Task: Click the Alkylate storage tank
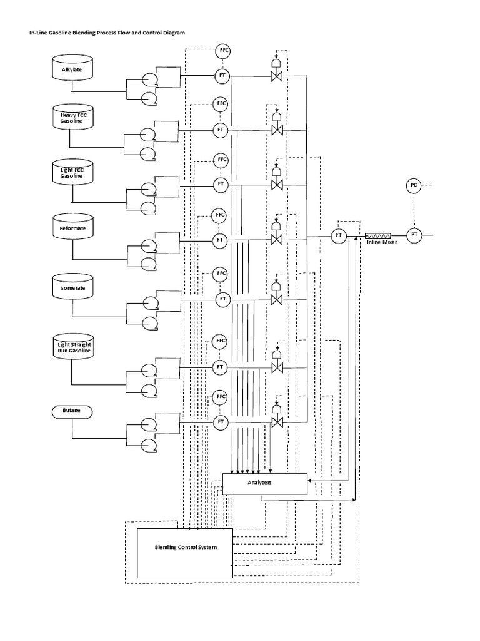pos(72,68)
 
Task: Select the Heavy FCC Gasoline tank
pos(72,117)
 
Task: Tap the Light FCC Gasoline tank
pos(72,172)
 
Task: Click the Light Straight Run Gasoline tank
pos(72,347)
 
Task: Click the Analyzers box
pos(265,483)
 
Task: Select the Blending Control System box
pos(185,553)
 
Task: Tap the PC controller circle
pos(413,185)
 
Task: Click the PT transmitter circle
pos(413,235)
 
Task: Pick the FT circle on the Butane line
pos(221,423)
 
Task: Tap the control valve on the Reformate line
pos(276,239)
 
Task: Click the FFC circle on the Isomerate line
pos(221,274)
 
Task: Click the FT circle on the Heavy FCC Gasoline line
pos(221,130)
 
